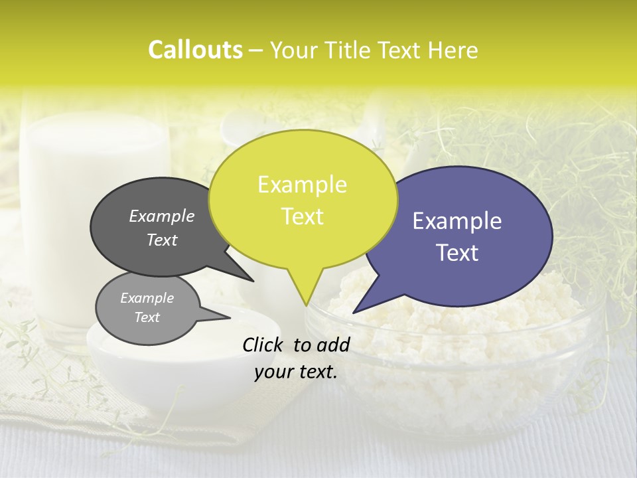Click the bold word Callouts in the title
pyautogui.click(x=195, y=50)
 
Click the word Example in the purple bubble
pyautogui.click(x=457, y=221)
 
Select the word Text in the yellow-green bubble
pyautogui.click(x=303, y=216)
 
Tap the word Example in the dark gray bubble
pyautogui.click(x=162, y=216)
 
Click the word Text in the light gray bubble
pyautogui.click(x=147, y=317)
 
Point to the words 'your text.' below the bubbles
pyautogui.click(x=296, y=372)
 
